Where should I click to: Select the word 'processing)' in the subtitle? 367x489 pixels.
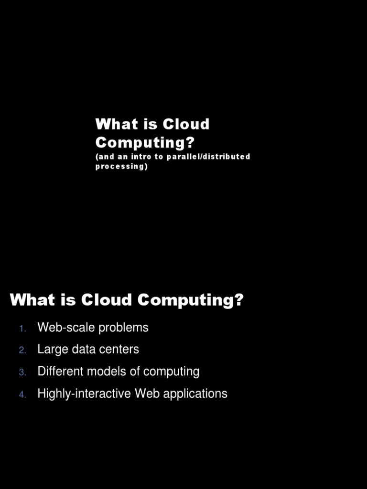pyautogui.click(x=121, y=167)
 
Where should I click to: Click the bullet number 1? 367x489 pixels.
pyautogui.click(x=22, y=328)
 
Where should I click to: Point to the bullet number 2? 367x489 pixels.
pyautogui.click(x=22, y=350)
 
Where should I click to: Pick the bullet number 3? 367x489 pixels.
pyautogui.click(x=22, y=372)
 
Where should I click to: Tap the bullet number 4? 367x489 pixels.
pyautogui.click(x=22, y=394)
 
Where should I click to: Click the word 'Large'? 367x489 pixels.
pyautogui.click(x=53, y=350)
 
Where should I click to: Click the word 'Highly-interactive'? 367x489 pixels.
pyautogui.click(x=85, y=394)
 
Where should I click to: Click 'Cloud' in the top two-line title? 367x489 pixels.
pyautogui.click(x=186, y=124)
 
